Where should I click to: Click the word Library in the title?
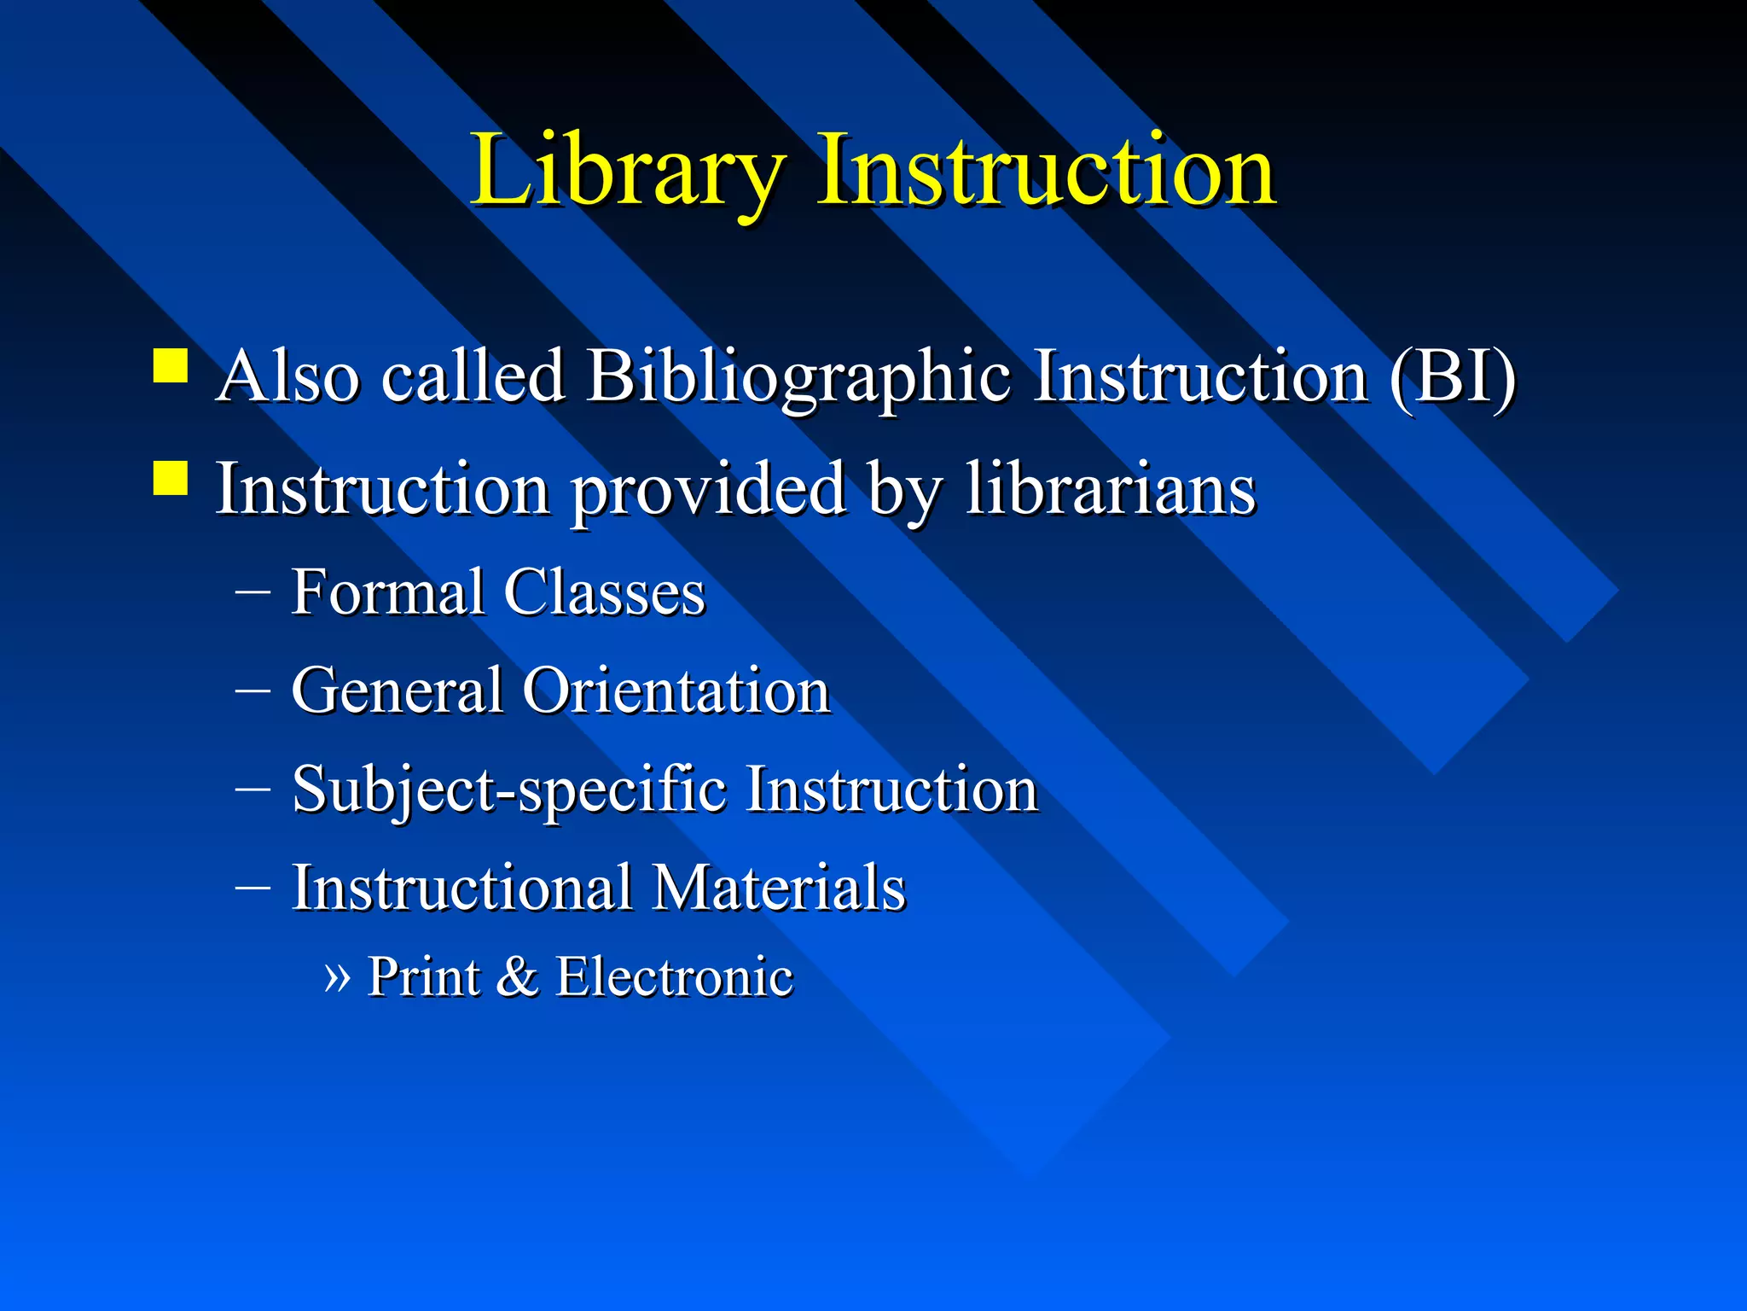627,171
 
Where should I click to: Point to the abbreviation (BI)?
1453,376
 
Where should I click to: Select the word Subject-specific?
509,790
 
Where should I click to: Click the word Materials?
778,888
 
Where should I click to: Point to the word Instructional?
461,888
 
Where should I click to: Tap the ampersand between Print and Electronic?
516,977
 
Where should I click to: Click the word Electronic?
674,977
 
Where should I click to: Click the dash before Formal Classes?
252,591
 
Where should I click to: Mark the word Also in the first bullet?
287,376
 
